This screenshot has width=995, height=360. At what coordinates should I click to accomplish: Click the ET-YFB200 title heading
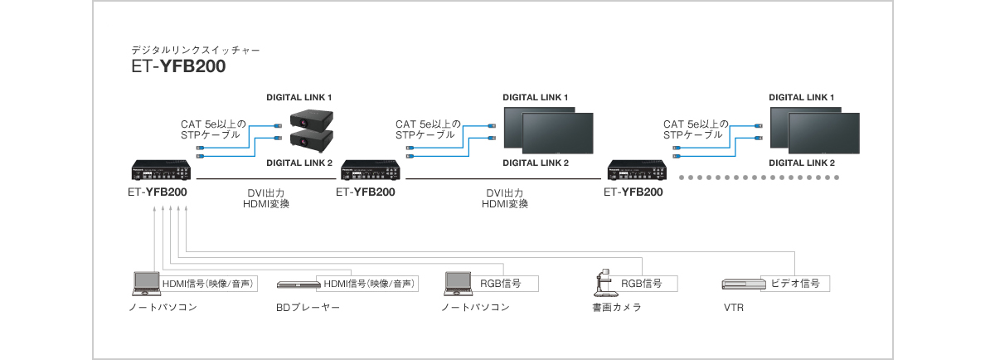click(178, 67)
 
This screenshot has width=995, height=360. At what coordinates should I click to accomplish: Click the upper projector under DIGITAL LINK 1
click(311, 119)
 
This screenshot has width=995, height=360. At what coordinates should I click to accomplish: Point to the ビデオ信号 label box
click(795, 283)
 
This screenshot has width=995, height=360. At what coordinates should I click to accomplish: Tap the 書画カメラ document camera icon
click(603, 283)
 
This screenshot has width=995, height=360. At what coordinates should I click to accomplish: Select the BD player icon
click(297, 284)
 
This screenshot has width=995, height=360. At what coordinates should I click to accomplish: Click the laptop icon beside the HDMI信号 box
click(146, 283)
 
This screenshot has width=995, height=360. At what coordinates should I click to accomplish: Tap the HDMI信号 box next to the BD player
click(369, 283)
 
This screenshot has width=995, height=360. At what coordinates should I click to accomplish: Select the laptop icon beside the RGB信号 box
click(458, 283)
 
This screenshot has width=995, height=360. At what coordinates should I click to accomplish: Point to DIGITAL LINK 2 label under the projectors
click(299, 163)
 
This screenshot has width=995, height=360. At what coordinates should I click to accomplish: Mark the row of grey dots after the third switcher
click(759, 178)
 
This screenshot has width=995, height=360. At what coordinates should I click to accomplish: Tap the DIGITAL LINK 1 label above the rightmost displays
click(801, 97)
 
